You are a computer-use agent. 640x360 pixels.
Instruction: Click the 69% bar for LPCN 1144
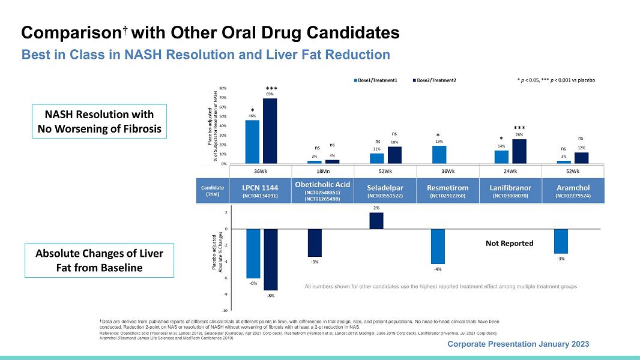click(x=270, y=131)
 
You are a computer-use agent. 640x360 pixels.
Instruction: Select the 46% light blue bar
click(x=252, y=142)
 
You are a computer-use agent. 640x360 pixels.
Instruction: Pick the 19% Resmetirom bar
click(x=439, y=154)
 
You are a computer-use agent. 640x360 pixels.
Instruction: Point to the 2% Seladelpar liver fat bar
click(x=376, y=221)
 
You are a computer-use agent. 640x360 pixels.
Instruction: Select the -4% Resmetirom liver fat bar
click(x=438, y=246)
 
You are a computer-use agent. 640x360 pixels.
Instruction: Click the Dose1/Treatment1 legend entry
click(x=376, y=80)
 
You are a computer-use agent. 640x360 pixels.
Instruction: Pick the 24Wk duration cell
click(x=510, y=170)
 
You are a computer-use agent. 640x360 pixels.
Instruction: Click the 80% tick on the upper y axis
click(x=223, y=88)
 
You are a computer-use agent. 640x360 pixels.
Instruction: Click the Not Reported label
click(x=509, y=244)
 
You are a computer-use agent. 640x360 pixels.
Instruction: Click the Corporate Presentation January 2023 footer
click(x=518, y=344)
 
